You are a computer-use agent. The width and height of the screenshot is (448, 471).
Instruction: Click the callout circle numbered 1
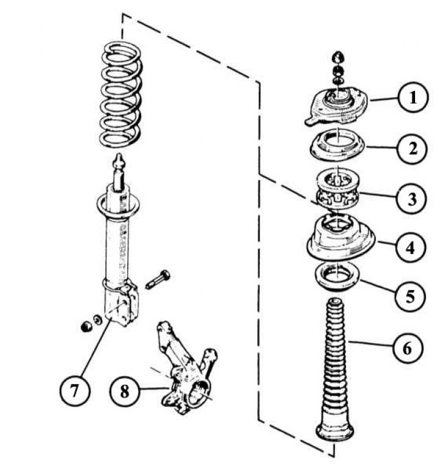pos(414,98)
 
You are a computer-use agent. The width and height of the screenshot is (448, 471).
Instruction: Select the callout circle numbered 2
pos(414,148)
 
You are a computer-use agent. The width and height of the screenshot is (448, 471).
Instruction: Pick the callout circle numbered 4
pos(414,247)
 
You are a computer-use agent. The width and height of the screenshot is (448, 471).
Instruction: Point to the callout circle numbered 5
pos(414,297)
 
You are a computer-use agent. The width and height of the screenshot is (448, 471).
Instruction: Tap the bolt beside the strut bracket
pos(157,280)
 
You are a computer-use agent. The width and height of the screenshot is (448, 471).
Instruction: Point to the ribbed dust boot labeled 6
pos(334,360)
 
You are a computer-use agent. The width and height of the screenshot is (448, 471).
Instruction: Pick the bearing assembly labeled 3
pos(337,190)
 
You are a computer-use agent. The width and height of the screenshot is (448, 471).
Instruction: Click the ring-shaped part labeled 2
pos(337,145)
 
